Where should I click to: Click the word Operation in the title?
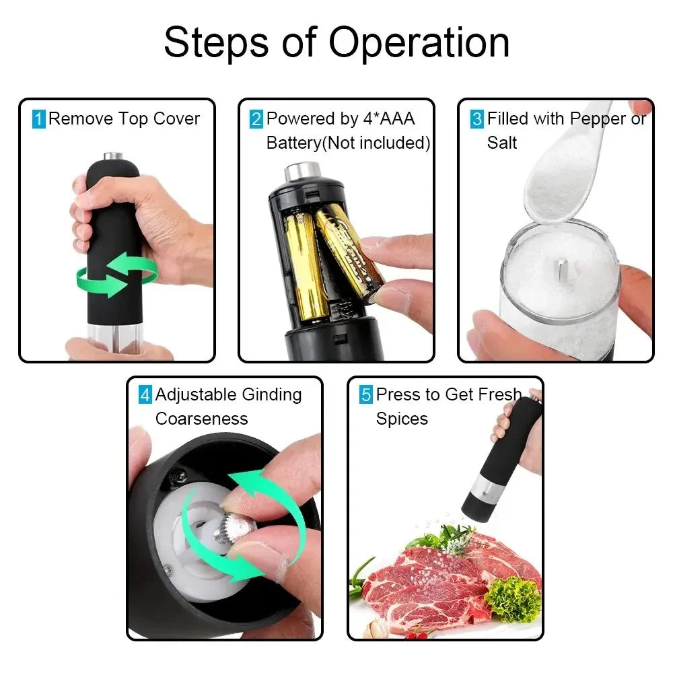[419, 43]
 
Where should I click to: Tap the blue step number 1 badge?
[39, 120]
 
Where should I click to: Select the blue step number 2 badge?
[256, 120]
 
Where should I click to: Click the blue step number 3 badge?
[477, 120]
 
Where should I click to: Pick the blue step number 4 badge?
[145, 395]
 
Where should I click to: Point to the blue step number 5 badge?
[365, 395]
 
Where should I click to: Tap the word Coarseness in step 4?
[201, 419]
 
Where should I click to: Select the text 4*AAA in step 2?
[390, 119]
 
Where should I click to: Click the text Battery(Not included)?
[348, 143]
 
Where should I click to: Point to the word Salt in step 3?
[502, 143]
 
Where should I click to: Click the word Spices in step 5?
[402, 419]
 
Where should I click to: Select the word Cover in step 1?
[176, 119]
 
